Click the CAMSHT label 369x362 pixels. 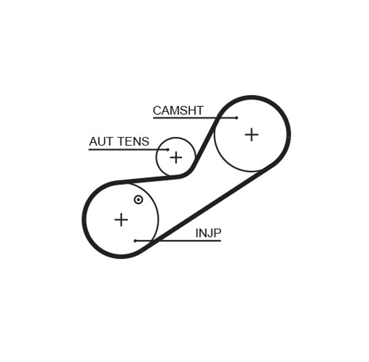point(178,111)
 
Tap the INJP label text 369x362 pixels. point(208,233)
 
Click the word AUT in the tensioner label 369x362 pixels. point(101,142)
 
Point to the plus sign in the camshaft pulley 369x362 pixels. point(252,135)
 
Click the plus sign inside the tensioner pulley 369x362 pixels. point(176,157)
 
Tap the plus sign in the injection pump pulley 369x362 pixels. point(121,219)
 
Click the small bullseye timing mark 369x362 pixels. point(138,200)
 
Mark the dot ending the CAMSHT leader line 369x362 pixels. point(236,118)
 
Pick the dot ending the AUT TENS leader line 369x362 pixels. point(167,149)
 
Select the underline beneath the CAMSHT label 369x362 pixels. point(184,118)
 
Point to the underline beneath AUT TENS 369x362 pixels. point(123,149)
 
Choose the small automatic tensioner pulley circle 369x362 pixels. point(176,143)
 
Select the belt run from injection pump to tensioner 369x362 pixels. point(148,179)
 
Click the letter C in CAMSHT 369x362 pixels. point(157,111)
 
